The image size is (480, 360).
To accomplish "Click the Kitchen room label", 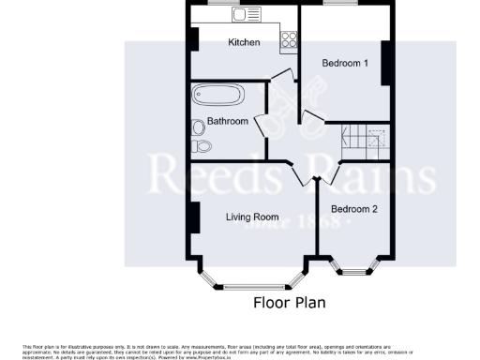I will (x=245, y=42).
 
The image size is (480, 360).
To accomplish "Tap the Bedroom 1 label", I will (x=345, y=63).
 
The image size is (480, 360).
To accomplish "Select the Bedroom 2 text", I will (x=353, y=209).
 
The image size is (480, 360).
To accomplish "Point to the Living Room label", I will (x=252, y=217).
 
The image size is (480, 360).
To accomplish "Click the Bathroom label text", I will (x=228, y=121).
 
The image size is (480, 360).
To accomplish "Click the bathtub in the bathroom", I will (x=217, y=96).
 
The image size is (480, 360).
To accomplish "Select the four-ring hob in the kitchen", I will (x=289, y=40).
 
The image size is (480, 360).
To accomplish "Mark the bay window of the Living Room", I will (x=252, y=279).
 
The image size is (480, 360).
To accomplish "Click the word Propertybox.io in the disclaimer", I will (x=208, y=357).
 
